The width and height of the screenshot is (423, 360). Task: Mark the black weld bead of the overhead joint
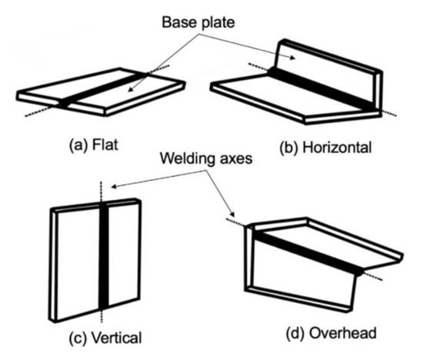pos(308,250)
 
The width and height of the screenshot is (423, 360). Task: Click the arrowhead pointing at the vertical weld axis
pos(110,185)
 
